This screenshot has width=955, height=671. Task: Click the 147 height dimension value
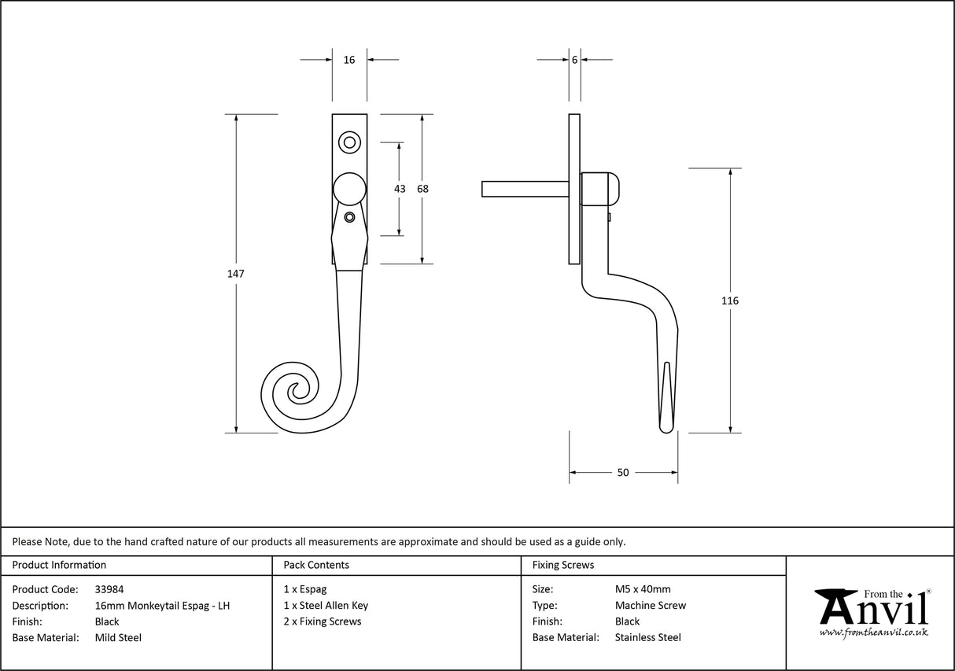click(x=236, y=274)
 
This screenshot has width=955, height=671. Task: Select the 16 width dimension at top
click(x=349, y=60)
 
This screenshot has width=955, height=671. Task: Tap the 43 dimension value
click(x=400, y=189)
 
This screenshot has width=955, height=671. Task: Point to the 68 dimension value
click(x=422, y=189)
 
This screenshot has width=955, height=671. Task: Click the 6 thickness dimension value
click(x=575, y=60)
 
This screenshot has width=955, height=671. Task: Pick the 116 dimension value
click(x=731, y=300)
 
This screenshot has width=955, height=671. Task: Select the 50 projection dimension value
click(x=623, y=473)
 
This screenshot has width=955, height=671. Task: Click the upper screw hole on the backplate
click(x=349, y=142)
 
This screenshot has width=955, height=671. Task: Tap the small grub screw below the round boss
click(x=350, y=217)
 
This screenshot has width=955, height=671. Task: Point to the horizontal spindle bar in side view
click(x=525, y=189)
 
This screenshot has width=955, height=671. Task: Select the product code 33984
click(x=109, y=589)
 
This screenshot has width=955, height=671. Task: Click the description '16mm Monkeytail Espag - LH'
click(x=162, y=606)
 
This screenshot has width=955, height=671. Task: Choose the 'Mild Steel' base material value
click(x=118, y=638)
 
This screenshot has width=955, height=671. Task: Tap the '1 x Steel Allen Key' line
click(x=326, y=606)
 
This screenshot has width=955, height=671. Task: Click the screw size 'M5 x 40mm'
click(x=643, y=589)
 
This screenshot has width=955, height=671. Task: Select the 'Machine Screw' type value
click(x=651, y=606)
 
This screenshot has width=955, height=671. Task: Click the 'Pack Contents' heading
click(x=316, y=565)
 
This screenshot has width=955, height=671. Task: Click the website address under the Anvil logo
click(x=873, y=632)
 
